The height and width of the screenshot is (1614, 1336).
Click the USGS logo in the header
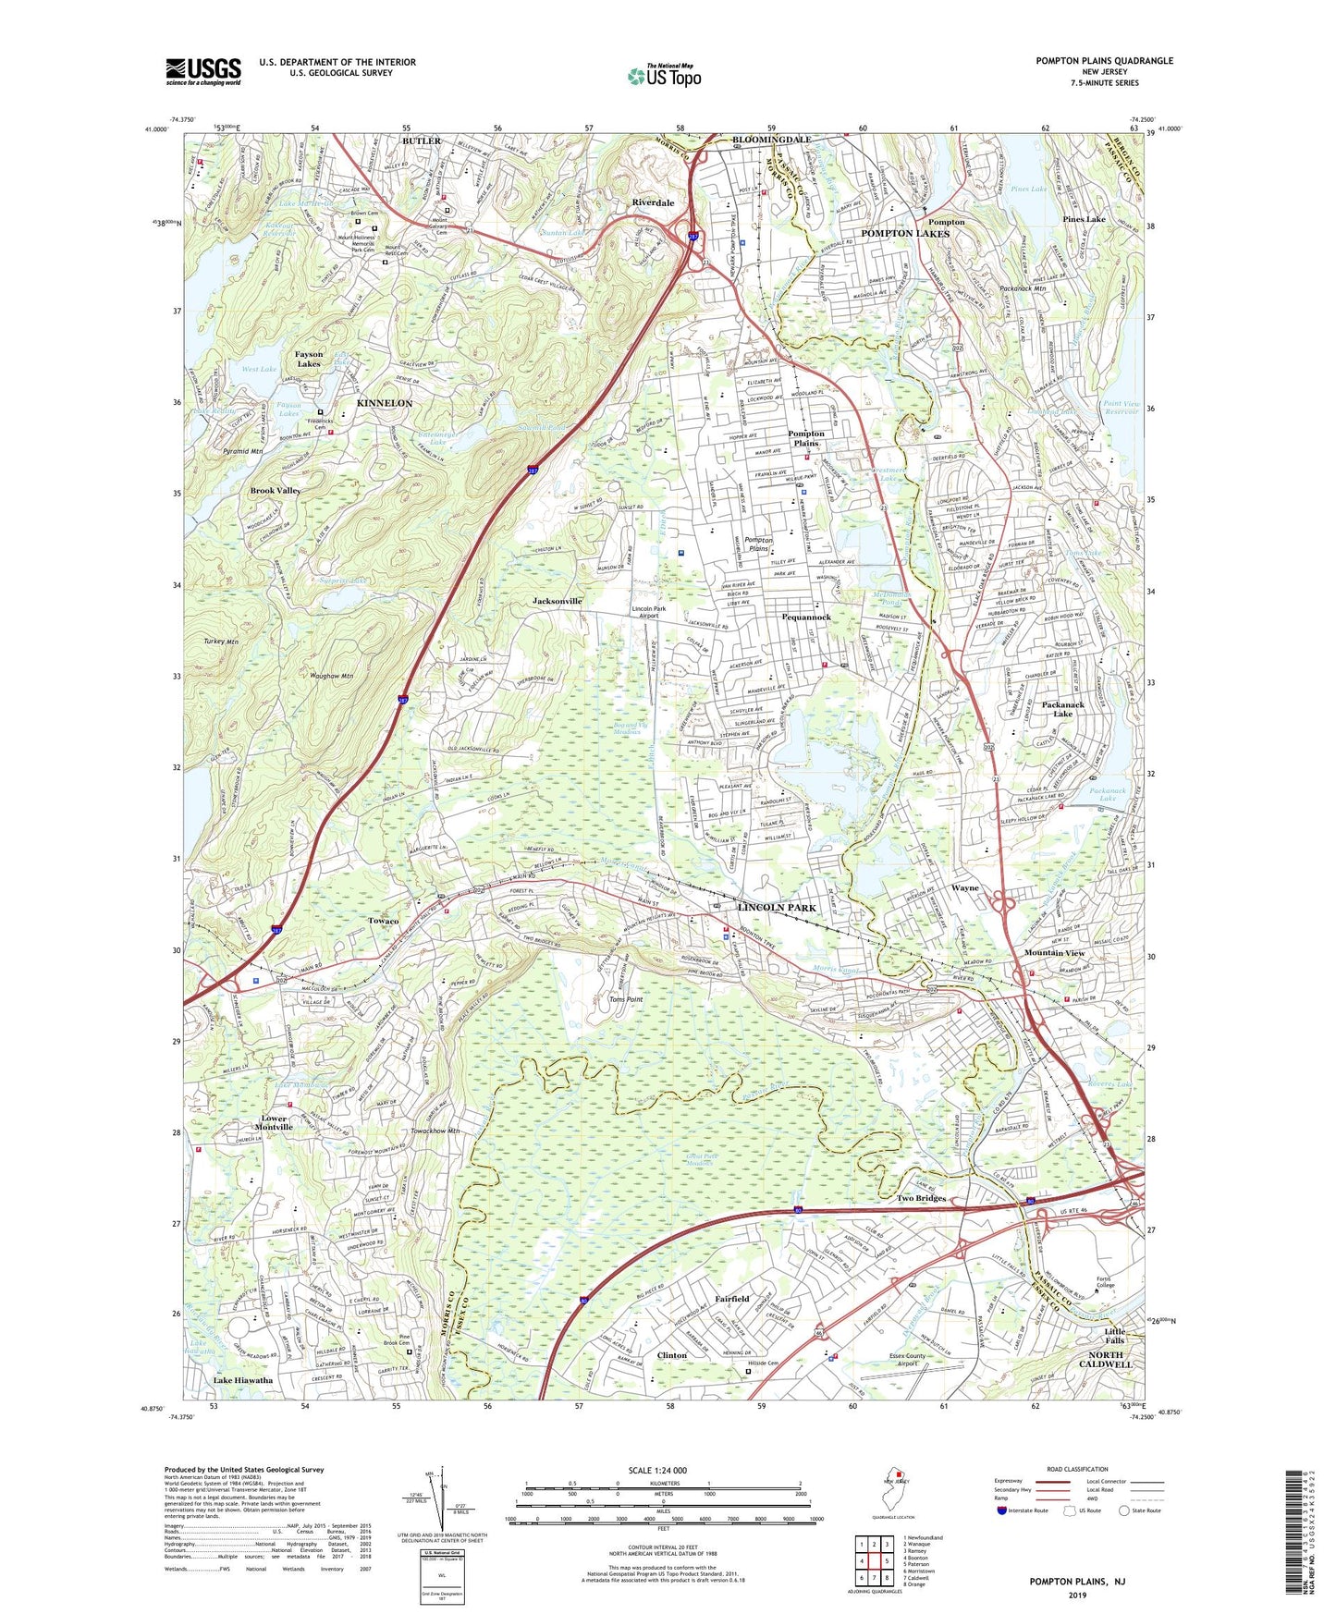click(x=203, y=70)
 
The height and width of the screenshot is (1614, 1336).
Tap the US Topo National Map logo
click(x=663, y=75)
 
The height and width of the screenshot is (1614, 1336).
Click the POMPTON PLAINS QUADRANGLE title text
click(x=1104, y=61)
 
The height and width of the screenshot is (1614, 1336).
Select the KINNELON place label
click(x=385, y=404)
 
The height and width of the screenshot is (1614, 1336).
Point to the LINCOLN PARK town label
click(x=777, y=908)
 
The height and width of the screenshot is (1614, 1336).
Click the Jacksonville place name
click(x=558, y=601)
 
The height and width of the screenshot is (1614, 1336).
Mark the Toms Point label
click(x=626, y=999)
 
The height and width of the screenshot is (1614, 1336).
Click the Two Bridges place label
click(x=921, y=1198)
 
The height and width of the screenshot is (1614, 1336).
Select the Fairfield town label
click(x=731, y=1299)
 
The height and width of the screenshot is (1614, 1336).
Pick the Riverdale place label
click(x=653, y=202)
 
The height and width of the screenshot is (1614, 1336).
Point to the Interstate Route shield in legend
click(x=1002, y=1510)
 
